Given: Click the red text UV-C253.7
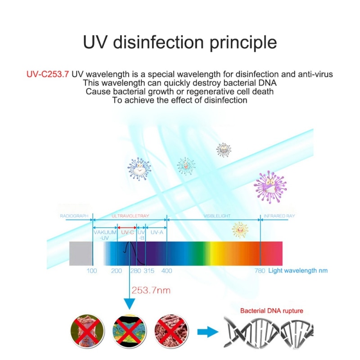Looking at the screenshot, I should [x=47, y=74].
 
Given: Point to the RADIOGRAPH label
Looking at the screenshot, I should [x=73, y=216].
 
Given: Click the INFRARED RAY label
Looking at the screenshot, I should [x=279, y=216].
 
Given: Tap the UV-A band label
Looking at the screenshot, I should [x=156, y=233].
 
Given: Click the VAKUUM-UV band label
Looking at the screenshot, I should [x=105, y=235].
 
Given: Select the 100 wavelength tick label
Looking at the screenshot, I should [x=92, y=271].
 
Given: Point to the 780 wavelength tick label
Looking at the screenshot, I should [x=260, y=271].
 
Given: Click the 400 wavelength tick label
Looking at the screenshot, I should [x=166, y=271].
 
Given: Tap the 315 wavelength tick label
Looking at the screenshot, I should [x=148, y=271].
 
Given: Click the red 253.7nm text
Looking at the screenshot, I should [x=151, y=291].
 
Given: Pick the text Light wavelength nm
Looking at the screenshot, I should [x=298, y=271].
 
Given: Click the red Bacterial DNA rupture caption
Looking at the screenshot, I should [x=271, y=310].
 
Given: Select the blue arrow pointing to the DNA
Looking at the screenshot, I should [x=207, y=333].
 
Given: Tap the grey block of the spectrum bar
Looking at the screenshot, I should [x=81, y=253].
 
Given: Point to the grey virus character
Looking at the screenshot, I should [x=223, y=149].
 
